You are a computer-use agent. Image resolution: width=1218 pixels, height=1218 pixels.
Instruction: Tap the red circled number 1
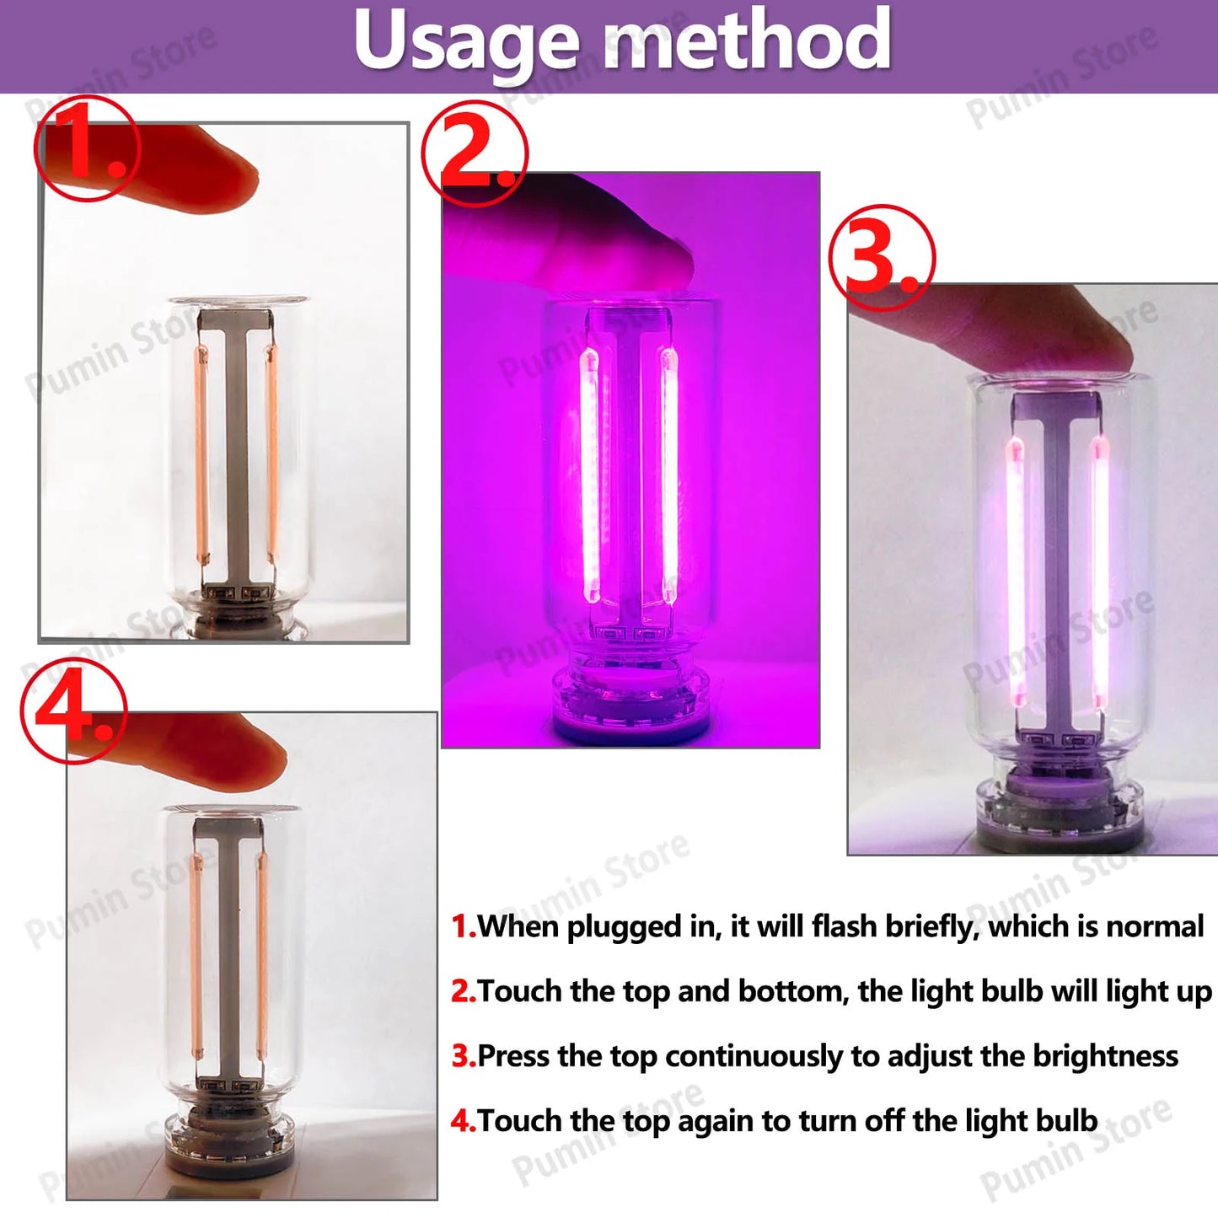(87, 148)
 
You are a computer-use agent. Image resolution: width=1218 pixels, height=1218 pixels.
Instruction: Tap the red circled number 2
(475, 153)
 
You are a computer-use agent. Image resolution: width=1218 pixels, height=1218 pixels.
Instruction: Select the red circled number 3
(882, 258)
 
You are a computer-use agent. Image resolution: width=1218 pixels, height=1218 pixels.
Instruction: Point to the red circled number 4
(73, 711)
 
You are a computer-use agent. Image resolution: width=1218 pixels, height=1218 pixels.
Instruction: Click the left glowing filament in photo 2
(589, 476)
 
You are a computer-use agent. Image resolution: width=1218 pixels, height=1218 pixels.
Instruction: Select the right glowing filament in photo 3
(1100, 573)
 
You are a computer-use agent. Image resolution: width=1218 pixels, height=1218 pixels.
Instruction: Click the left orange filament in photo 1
(201, 455)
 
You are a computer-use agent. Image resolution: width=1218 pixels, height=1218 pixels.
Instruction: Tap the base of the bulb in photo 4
(228, 1138)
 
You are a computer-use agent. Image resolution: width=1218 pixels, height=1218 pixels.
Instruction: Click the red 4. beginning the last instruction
(463, 1121)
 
